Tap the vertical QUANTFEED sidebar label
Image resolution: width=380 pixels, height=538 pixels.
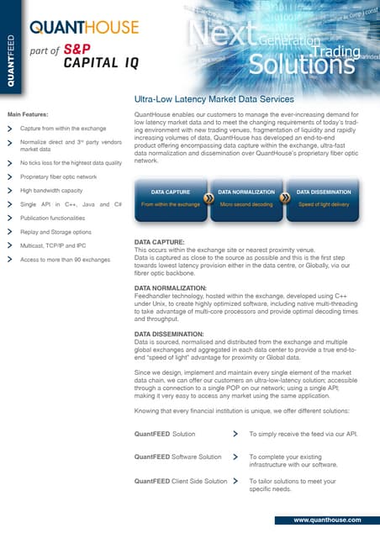(x=11, y=54)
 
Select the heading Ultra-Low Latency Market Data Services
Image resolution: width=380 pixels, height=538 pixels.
(x=219, y=98)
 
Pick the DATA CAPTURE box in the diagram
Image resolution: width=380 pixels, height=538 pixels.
(x=170, y=198)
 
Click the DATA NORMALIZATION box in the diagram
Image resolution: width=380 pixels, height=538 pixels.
(x=248, y=198)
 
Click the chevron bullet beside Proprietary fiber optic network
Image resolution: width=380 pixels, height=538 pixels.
(x=9, y=177)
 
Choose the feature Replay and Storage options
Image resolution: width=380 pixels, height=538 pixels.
(x=55, y=231)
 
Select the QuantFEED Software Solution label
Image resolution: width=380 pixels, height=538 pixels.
(x=177, y=457)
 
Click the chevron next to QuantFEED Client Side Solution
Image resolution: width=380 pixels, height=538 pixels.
(x=235, y=482)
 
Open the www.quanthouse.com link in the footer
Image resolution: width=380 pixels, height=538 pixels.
(x=327, y=521)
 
